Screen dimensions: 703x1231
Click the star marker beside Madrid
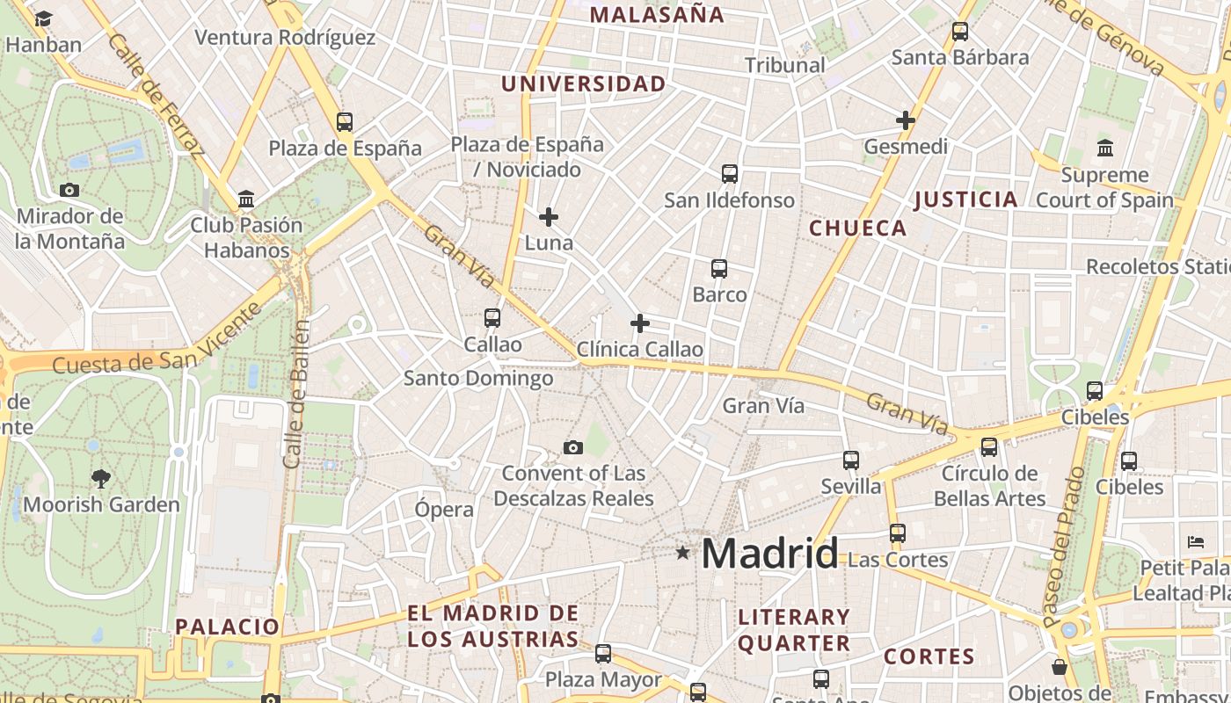coord(682,553)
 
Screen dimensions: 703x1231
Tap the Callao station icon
coord(492,318)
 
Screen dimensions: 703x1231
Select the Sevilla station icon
coord(850,460)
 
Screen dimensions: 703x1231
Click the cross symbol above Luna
coord(549,217)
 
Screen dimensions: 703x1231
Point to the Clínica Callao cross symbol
coord(640,323)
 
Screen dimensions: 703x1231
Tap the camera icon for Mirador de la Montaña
coord(69,190)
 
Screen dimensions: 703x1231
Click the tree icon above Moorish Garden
coord(101,479)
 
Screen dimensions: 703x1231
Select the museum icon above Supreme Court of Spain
coord(1105,148)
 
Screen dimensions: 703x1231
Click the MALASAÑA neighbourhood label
coord(657,15)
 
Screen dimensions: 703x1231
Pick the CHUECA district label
coord(857,228)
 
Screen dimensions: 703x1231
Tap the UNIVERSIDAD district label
coord(583,84)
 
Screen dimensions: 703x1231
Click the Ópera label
coord(444,510)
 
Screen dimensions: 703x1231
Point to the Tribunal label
coord(785,65)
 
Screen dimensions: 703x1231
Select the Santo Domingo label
coord(478,379)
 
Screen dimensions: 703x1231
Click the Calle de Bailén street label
coord(297,394)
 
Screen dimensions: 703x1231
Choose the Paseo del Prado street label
coord(1065,547)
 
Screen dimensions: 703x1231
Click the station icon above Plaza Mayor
coord(603,654)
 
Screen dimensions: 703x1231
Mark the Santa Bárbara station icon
coord(960,33)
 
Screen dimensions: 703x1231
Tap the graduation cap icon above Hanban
coord(43,18)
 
